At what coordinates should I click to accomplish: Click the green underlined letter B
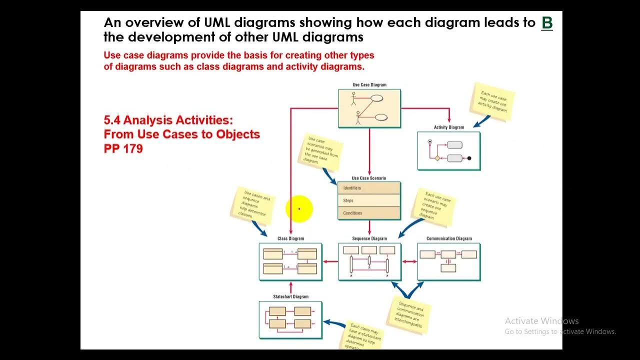point(547,23)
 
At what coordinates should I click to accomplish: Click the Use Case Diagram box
point(369,108)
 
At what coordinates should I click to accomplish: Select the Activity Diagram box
point(448,151)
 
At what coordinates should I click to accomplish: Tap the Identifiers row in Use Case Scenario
point(369,188)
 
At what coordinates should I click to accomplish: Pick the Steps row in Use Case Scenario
point(369,200)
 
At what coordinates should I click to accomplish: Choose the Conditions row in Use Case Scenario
point(369,213)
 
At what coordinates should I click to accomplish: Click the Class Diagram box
point(290,261)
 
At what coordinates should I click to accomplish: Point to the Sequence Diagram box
point(369,261)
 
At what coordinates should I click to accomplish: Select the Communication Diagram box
point(448,261)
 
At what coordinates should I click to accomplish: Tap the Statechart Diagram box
point(290,319)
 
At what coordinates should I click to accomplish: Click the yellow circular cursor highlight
point(299,209)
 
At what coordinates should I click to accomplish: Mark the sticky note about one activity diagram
point(492,101)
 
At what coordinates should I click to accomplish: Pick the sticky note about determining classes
point(253,205)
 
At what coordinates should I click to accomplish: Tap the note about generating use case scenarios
point(322,151)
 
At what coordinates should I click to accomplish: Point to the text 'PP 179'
point(123,148)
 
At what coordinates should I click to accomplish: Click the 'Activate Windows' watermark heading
point(541,321)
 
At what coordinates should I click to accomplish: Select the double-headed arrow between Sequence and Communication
point(409,261)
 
